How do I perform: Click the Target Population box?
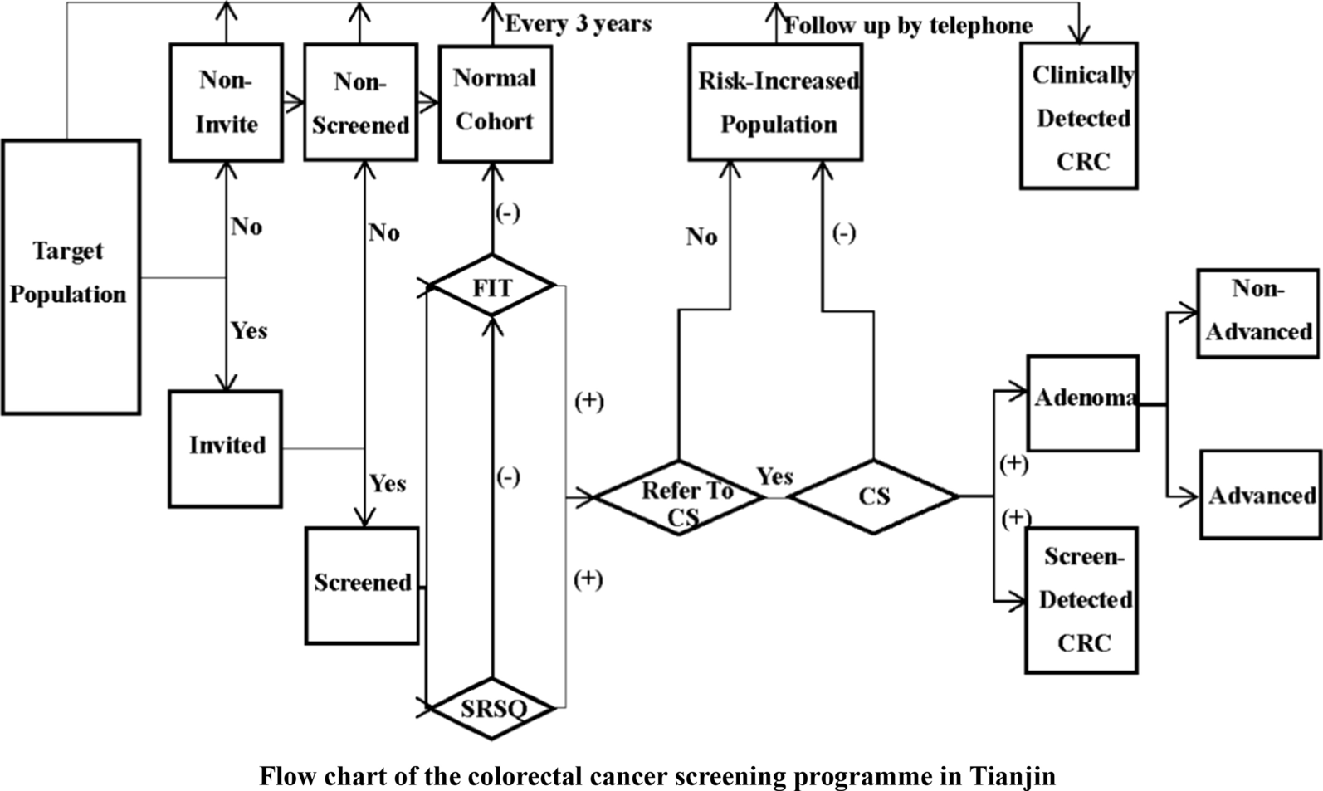[x=71, y=276]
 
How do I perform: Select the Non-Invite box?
[x=226, y=102]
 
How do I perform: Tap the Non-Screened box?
[x=360, y=102]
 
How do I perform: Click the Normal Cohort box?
[x=495, y=102]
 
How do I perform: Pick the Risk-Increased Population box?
[x=775, y=102]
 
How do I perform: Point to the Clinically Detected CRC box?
[x=1079, y=117]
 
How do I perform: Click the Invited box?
[x=226, y=447]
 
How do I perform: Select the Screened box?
[x=362, y=584]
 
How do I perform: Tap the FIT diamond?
[x=492, y=287]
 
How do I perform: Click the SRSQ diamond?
[x=493, y=708]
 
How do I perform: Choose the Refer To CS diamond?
[x=680, y=498]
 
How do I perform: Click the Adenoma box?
[x=1082, y=403]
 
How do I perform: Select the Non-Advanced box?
[x=1257, y=312]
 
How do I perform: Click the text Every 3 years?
[x=579, y=23]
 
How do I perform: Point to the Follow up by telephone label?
[x=908, y=26]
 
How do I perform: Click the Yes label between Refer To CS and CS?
[x=774, y=476]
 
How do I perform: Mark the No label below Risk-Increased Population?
[x=701, y=237]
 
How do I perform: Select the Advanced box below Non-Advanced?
[x=1261, y=496]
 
